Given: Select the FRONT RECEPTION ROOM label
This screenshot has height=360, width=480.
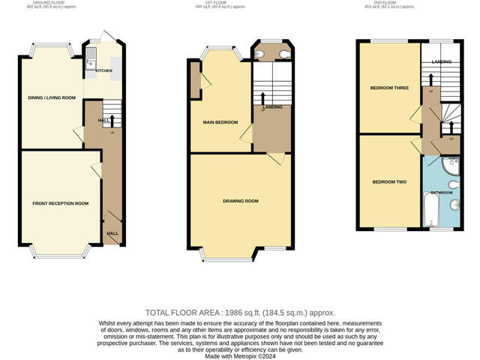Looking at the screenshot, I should (x=60, y=203).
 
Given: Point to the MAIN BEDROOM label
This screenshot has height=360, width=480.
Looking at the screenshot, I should (x=220, y=122).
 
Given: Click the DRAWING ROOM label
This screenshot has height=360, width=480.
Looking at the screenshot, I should (x=241, y=201).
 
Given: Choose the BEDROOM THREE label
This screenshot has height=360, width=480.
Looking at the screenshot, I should (x=389, y=88).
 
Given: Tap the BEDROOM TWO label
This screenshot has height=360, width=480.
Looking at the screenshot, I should (x=389, y=181).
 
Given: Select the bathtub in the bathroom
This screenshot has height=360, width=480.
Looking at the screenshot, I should (x=432, y=210).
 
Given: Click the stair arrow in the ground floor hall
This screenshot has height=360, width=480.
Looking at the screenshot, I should (x=112, y=121).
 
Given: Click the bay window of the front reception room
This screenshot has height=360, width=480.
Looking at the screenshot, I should (x=56, y=251).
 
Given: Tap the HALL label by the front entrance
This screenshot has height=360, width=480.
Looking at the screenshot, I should (x=112, y=233).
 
